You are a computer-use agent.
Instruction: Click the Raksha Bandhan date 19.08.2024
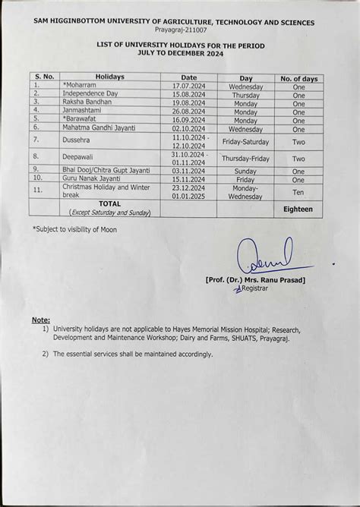(x=189, y=103)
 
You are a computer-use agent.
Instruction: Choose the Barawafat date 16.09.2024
(x=189, y=120)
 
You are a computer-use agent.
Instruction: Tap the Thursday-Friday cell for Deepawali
(x=245, y=159)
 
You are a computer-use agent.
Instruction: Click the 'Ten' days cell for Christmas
(x=298, y=191)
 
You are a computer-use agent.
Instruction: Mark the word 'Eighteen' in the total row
(x=298, y=209)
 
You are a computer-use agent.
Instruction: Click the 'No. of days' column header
(x=298, y=78)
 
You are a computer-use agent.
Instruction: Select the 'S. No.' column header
(x=44, y=77)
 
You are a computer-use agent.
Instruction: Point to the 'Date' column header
(x=189, y=77)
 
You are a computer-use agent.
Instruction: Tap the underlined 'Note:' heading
(x=41, y=320)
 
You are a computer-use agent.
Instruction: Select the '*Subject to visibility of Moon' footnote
(x=75, y=228)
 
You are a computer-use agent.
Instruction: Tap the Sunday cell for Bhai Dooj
(x=245, y=172)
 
